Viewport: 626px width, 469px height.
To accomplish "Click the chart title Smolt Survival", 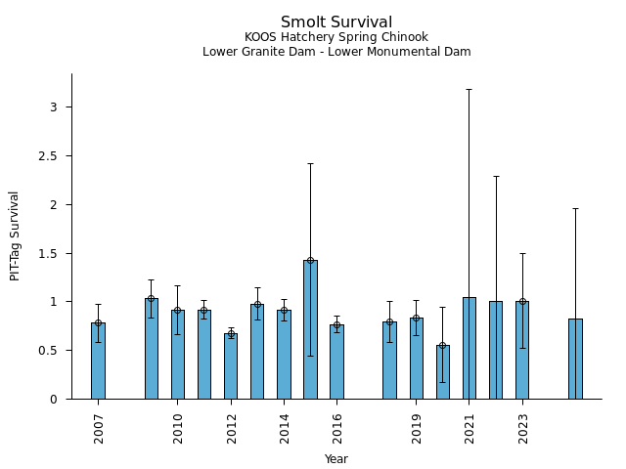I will pyautogui.click(x=336, y=22).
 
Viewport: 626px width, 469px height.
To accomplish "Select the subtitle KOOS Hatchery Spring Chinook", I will pyautogui.click(x=336, y=38).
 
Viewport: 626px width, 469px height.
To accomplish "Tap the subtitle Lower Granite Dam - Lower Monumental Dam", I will pyautogui.click(x=336, y=52).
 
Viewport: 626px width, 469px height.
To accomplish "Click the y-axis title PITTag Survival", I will pyautogui.click(x=15, y=235).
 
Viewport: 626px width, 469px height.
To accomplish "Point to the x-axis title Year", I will pyautogui.click(x=336, y=459).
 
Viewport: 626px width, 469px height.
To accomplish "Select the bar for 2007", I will pyautogui.click(x=98, y=361).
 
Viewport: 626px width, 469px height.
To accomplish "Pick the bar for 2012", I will pyautogui.click(x=230, y=366).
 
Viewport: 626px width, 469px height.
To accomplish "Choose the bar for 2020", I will pyautogui.click(x=443, y=372).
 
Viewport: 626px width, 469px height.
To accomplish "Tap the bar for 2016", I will pyautogui.click(x=336, y=362).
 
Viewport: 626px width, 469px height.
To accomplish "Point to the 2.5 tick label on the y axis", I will pyautogui.click(x=54, y=156).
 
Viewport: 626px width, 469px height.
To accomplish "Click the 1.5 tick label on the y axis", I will pyautogui.click(x=54, y=253).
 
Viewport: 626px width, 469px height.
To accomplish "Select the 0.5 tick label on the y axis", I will pyautogui.click(x=54, y=351).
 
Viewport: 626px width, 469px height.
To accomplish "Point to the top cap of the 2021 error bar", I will pyautogui.click(x=469, y=89).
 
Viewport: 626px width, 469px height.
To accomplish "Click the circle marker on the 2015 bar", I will pyautogui.click(x=310, y=260).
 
